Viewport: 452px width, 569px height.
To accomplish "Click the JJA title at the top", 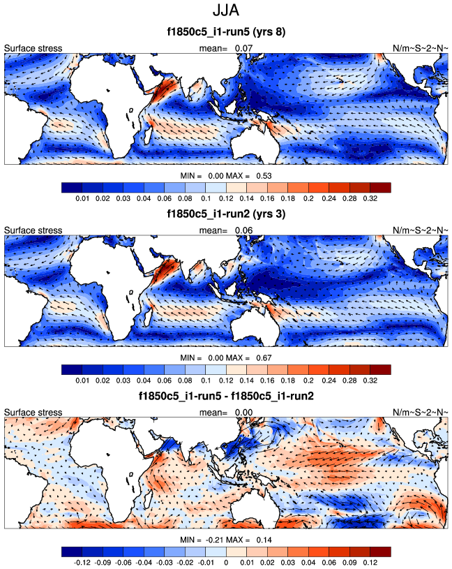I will click(226, 12).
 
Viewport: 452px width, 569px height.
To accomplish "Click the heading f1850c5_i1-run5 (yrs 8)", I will click(226, 32).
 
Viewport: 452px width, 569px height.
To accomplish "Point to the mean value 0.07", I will click(243, 48).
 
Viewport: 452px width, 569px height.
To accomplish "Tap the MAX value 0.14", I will click(262, 540).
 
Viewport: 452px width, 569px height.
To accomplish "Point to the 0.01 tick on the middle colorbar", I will click(82, 379).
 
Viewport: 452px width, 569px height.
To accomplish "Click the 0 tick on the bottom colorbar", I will click(225, 561).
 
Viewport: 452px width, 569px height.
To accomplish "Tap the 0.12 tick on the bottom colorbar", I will click(370, 561).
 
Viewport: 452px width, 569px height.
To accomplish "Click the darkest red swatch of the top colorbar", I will click(380, 187).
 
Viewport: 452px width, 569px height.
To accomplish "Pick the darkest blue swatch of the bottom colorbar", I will click(71, 550).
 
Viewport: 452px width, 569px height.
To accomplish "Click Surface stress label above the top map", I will click(33, 48).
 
